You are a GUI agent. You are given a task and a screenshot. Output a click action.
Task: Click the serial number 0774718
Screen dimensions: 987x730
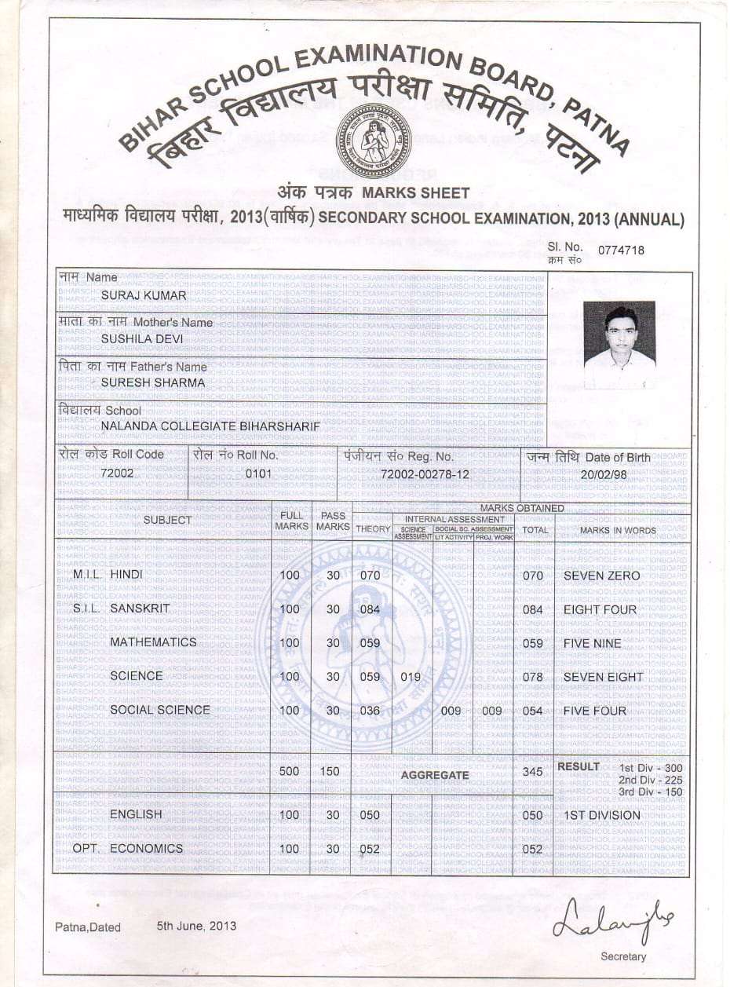pyautogui.click(x=621, y=250)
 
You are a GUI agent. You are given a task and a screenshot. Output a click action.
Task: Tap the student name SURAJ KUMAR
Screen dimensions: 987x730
pyautogui.click(x=144, y=296)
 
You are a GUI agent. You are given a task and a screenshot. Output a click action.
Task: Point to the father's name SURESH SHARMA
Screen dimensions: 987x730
pyautogui.click(x=153, y=383)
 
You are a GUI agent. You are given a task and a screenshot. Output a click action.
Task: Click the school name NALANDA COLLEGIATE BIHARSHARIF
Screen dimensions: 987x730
pyautogui.click(x=210, y=426)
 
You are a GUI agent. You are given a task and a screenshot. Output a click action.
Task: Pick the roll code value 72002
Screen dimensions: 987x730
pyautogui.click(x=117, y=473)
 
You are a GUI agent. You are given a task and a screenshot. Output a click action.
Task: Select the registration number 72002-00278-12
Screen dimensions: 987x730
pyautogui.click(x=425, y=474)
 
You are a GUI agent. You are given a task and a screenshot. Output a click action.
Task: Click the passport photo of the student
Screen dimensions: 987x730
pyautogui.click(x=619, y=343)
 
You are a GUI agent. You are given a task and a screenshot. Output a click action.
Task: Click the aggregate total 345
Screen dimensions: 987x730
pyautogui.click(x=532, y=772)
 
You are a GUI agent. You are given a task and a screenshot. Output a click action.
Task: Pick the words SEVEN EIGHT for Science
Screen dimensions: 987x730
pyautogui.click(x=603, y=677)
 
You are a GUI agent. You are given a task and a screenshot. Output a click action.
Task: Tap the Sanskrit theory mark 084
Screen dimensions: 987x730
pyautogui.click(x=369, y=609)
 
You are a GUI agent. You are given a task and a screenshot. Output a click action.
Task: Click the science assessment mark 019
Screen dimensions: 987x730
pyautogui.click(x=410, y=677)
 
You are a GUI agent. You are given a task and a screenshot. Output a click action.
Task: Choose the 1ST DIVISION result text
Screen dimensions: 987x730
pyautogui.click(x=602, y=816)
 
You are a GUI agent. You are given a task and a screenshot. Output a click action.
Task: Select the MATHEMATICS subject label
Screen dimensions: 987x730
pyautogui.click(x=153, y=642)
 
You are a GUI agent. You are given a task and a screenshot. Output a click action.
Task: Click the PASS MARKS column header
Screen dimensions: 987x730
pyautogui.click(x=332, y=521)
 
